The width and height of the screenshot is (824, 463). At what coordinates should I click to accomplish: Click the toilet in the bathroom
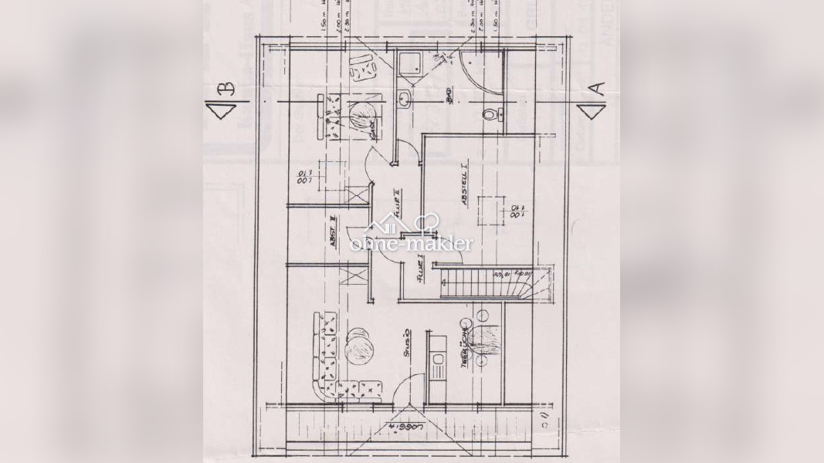point(489,115)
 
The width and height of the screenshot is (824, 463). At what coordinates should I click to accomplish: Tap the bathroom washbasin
point(404,99)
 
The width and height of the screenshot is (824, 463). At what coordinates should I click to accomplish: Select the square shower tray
point(408,62)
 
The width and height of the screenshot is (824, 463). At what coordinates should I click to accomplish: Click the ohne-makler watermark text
point(412,244)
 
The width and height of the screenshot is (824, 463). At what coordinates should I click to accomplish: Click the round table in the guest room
point(360,116)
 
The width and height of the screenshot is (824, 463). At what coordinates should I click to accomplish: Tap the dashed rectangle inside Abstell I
point(488,208)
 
